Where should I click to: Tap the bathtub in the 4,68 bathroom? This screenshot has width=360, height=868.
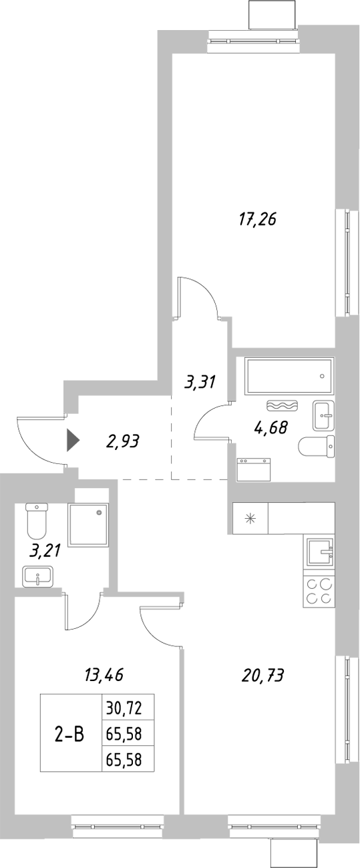[289, 377]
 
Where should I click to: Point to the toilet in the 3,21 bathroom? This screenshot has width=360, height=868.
[36, 521]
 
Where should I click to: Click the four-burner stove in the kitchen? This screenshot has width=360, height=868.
[319, 591]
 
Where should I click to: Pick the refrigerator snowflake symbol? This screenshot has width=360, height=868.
[250, 518]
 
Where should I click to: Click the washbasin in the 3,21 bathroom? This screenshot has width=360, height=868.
[39, 576]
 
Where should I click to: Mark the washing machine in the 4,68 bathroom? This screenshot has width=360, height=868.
[254, 469]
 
